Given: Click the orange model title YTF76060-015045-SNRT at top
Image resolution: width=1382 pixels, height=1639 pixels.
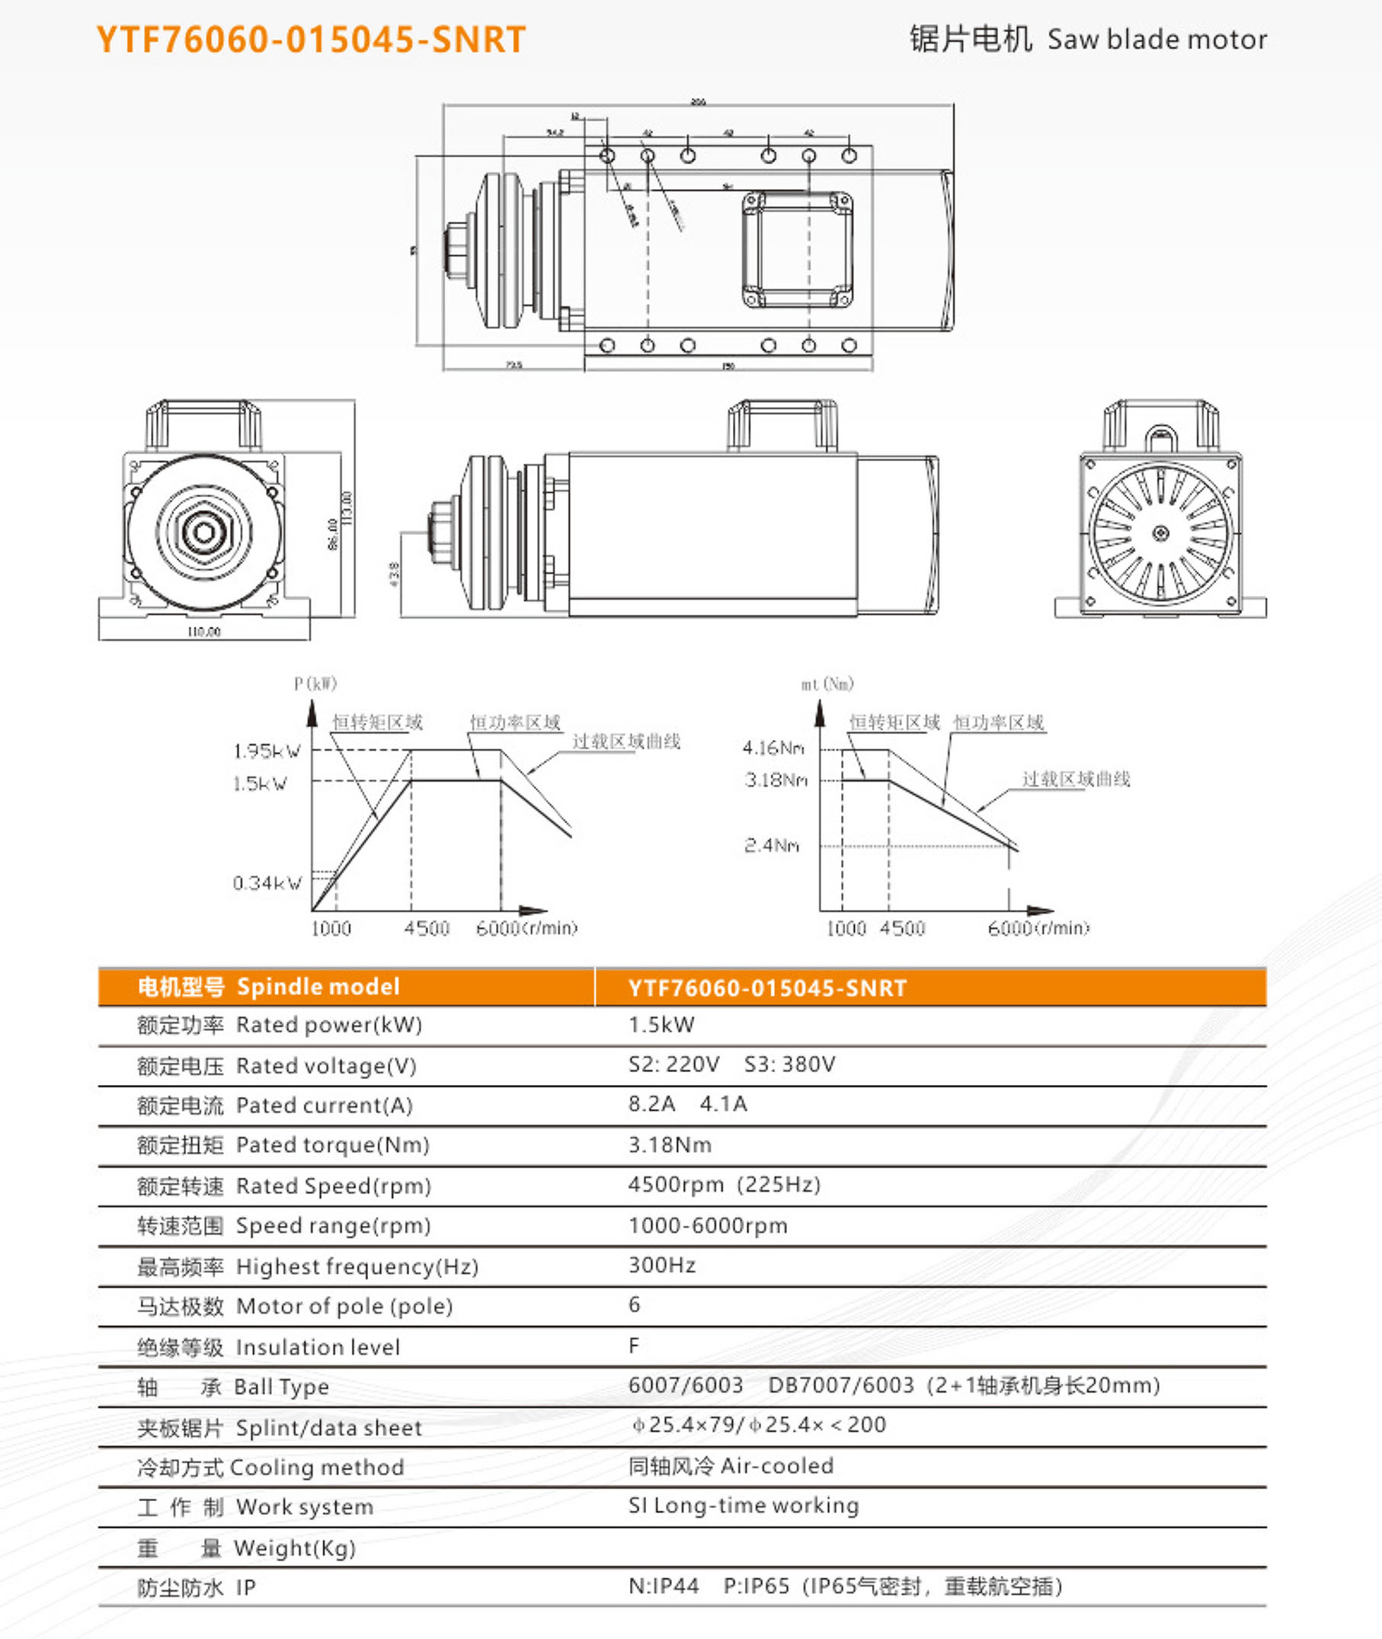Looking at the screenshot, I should coord(310,40).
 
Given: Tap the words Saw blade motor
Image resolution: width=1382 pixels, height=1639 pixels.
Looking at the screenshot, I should coord(1156,40).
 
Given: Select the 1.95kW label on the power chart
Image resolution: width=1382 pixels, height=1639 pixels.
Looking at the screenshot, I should coord(267,751).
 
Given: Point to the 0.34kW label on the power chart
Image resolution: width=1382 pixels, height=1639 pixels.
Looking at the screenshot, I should coord(267,884).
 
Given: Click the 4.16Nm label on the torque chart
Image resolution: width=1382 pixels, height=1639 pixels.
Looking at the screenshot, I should coord(773,748).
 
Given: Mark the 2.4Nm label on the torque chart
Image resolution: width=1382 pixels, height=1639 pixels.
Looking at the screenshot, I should coord(772,845).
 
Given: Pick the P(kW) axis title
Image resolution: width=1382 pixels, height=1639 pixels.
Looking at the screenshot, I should coord(315,684).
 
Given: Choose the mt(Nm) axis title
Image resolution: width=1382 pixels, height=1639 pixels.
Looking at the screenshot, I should coord(827,685).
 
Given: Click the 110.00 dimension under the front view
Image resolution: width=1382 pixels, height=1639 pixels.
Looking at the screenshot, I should coord(203,632).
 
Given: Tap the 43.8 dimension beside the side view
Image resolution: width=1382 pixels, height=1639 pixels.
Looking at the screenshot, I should coord(394,574).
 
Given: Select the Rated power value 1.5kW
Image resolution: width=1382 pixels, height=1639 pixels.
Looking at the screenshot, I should coord(661,1025).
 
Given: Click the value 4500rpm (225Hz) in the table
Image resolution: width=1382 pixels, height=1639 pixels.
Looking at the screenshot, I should coord(724,1185).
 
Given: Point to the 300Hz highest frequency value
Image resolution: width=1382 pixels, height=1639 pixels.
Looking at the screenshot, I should coord(662,1266).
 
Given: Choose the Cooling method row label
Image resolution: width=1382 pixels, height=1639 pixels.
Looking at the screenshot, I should coord(270,1468).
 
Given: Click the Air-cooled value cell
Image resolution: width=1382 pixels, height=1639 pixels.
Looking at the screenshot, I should coord(730,1466).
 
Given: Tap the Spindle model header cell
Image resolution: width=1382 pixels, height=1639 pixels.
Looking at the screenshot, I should coord(268,987).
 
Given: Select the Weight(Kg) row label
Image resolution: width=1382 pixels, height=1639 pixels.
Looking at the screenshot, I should coord(246,1548).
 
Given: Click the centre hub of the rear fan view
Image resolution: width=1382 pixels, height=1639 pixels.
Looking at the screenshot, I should coord(1161,533).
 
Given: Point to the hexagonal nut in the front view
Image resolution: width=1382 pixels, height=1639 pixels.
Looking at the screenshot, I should coord(204,533).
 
